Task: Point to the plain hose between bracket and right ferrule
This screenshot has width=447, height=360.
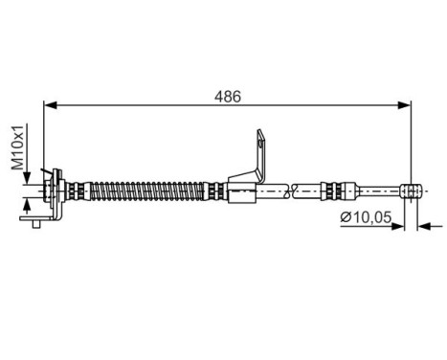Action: tap(292, 191)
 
